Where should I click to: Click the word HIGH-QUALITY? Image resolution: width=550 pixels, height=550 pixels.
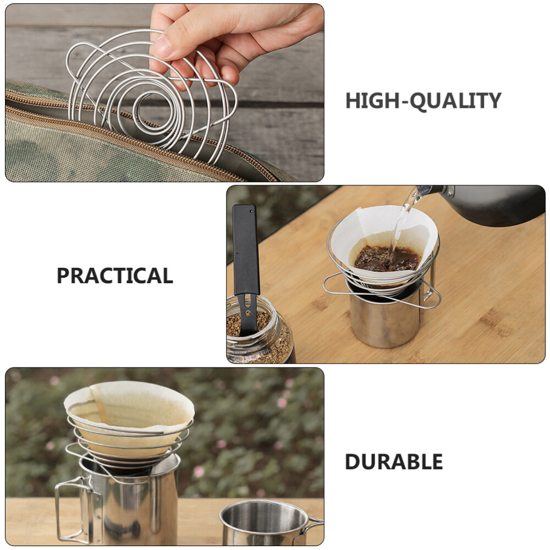click(423, 101)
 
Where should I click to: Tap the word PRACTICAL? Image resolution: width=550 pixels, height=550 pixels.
click(115, 276)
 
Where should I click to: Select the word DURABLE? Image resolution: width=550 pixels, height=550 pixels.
click(394, 461)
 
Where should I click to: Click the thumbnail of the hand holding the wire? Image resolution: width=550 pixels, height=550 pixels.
click(164, 92)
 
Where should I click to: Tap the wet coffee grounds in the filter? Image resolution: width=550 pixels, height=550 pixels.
click(387, 259)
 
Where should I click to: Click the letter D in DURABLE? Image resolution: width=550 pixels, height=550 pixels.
click(352, 461)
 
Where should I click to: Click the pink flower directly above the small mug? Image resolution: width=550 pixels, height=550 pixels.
click(282, 402)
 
